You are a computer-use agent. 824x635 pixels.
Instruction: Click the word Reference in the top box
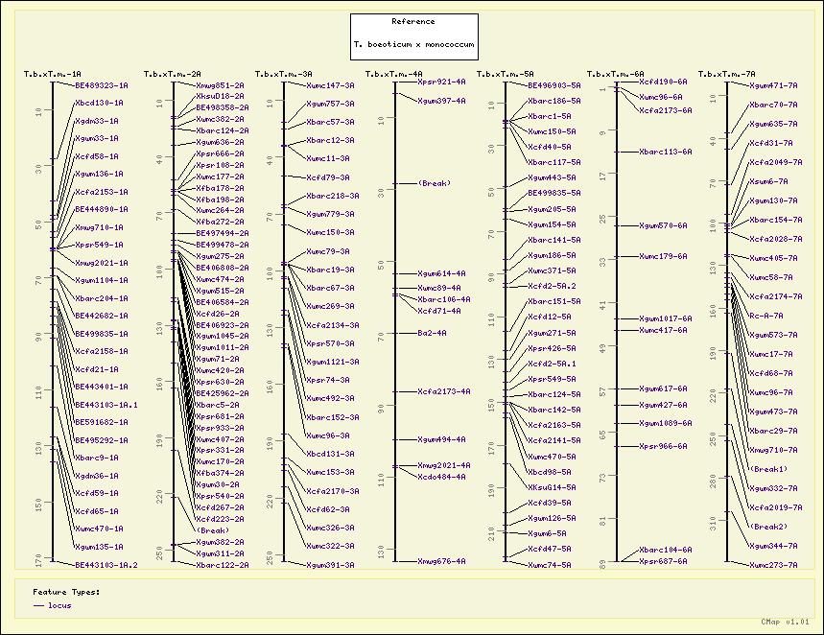(412, 21)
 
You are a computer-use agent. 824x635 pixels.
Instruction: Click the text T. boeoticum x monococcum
(412, 45)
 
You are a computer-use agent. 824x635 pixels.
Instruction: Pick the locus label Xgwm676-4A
(441, 561)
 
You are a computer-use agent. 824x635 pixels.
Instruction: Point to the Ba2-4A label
(432, 333)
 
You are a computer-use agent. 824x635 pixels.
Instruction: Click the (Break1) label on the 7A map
(768, 469)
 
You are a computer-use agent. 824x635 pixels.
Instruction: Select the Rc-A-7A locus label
(765, 316)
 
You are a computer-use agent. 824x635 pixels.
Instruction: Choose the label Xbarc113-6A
(665, 152)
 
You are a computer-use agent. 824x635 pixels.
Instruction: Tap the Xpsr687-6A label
(663, 561)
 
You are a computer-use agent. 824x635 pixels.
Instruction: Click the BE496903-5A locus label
(554, 85)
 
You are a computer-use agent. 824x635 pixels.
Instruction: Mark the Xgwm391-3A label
(330, 565)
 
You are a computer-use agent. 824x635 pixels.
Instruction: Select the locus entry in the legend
(59, 605)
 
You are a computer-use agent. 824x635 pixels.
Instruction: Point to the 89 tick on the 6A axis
(602, 565)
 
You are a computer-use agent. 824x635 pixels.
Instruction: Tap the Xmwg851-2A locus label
(220, 85)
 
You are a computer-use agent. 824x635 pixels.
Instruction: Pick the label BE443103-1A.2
(106, 565)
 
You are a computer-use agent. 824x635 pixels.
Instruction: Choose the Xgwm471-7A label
(772, 85)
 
